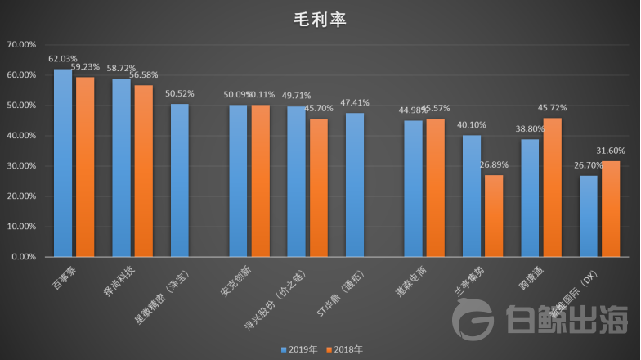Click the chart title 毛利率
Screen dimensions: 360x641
pyautogui.click(x=320, y=19)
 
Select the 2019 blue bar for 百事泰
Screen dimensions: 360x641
pyautogui.click(x=63, y=163)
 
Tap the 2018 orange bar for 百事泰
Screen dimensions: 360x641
pyautogui.click(x=85, y=167)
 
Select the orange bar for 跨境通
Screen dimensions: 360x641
pyautogui.click(x=553, y=187)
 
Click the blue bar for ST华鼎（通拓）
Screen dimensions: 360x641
pyautogui.click(x=355, y=185)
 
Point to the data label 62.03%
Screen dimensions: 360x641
pyautogui.click(x=63, y=59)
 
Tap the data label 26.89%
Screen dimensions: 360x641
pyautogui.click(x=495, y=164)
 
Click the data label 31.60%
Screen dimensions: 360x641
pyautogui.click(x=612, y=151)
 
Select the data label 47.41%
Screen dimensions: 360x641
pyautogui.click(x=355, y=102)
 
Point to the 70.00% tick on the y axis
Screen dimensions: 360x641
pyautogui.click(x=20, y=44)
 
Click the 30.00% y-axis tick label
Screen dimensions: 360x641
pyautogui.click(x=20, y=166)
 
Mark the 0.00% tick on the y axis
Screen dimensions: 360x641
pyautogui.click(x=23, y=257)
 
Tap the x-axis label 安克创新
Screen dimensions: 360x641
pyautogui.click(x=234, y=277)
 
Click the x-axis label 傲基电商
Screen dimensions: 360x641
pyautogui.click(x=411, y=277)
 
